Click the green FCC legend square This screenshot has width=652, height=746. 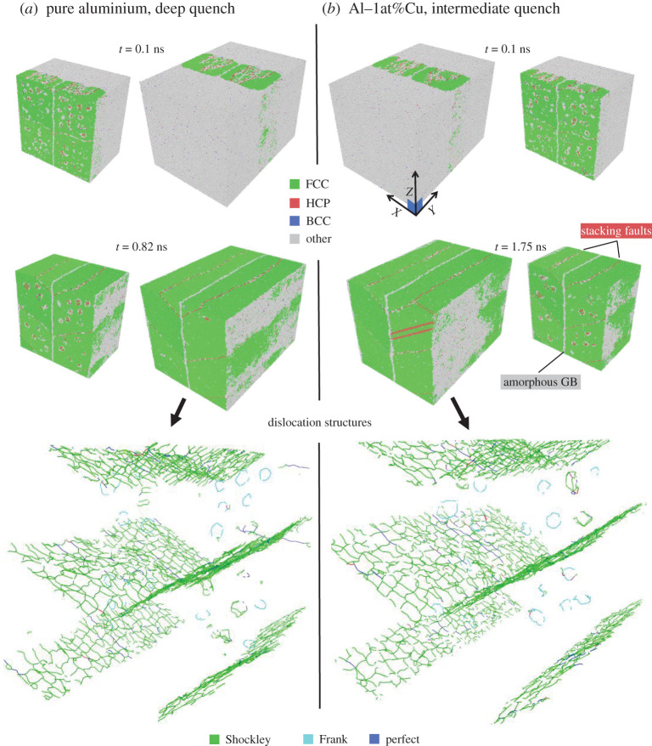click(x=295, y=184)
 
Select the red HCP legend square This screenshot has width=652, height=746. click(x=295, y=203)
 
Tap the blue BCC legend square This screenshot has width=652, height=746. click(x=295, y=221)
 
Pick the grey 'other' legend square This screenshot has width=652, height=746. click(x=295, y=240)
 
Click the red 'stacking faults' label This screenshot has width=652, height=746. click(x=615, y=231)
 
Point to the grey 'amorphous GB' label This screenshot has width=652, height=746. click(x=540, y=381)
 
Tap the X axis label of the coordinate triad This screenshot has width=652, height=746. click(x=396, y=212)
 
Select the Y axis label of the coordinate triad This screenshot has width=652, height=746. click(x=431, y=211)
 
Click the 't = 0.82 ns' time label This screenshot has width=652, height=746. click(x=142, y=247)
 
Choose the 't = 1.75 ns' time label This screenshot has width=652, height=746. click(x=520, y=247)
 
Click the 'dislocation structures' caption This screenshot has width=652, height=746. click(x=319, y=422)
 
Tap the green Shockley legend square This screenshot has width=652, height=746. click(x=214, y=739)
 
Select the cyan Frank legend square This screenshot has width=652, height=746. click(x=308, y=739)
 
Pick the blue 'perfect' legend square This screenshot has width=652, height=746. click(x=374, y=739)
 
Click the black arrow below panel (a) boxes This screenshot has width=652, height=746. click(x=177, y=412)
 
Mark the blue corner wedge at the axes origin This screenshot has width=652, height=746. click(x=415, y=206)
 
